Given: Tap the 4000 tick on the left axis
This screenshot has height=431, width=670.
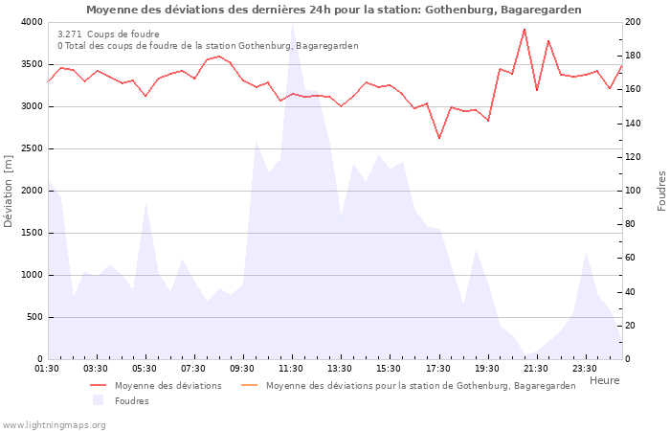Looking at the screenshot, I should (x=31, y=22).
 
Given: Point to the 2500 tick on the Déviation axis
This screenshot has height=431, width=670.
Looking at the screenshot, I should (x=31, y=148).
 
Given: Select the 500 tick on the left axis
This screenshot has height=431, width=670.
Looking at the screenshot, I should (x=33, y=317).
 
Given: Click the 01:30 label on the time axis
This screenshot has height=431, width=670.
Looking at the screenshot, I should (x=47, y=368).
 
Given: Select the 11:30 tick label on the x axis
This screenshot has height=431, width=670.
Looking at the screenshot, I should (x=292, y=368).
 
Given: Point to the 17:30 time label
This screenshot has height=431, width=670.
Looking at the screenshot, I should (x=438, y=368).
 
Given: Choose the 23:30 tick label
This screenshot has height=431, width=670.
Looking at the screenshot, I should (x=585, y=368).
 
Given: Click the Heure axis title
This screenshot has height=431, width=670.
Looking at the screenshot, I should (x=604, y=380).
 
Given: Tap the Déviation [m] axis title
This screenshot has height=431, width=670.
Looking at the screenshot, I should (x=9, y=191).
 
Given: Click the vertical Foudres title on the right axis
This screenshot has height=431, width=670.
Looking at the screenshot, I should (x=661, y=191).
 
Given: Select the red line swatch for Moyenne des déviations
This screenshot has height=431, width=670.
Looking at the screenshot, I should (x=98, y=385).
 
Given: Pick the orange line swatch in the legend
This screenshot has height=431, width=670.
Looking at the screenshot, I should (x=249, y=385).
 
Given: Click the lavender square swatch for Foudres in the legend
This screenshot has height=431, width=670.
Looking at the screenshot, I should (x=98, y=400).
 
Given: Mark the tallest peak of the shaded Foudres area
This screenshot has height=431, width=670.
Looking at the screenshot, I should (x=292, y=25).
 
